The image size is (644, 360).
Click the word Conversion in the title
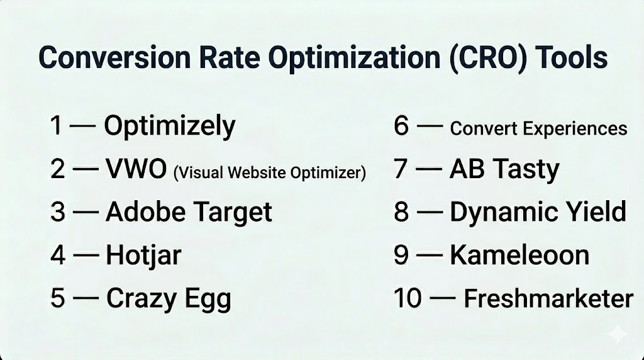(114, 57)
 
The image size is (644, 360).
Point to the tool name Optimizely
(170, 126)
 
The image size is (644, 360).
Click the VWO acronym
(136, 168)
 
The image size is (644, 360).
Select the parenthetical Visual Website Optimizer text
(269, 172)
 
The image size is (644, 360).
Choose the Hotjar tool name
(143, 256)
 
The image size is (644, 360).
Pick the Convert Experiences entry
(538, 128)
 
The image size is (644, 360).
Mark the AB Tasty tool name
(504, 169)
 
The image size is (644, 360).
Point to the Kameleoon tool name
(519, 255)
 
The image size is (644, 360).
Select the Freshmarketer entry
(548, 298)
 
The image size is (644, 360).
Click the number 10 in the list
(408, 298)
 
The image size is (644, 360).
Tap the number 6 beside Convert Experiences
(401, 126)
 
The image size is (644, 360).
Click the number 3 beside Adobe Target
(58, 211)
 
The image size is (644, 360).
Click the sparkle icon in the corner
(618, 334)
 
